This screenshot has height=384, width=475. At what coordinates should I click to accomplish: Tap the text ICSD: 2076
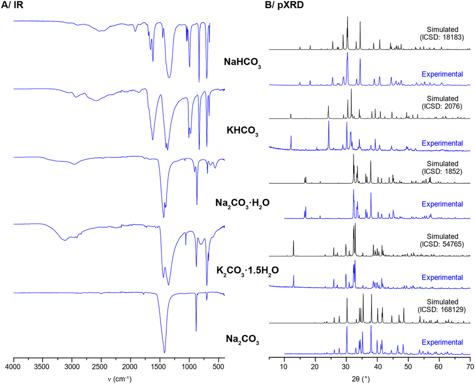(443, 105)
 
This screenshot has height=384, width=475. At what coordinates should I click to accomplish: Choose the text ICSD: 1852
(443, 173)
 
